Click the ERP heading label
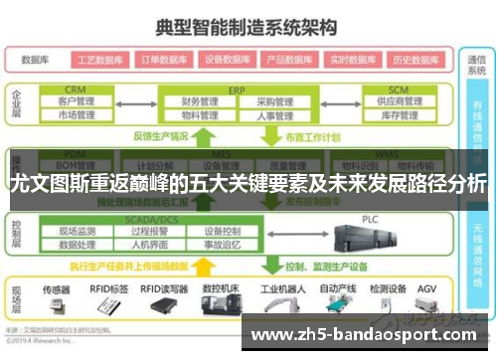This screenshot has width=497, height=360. (x=236, y=88)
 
